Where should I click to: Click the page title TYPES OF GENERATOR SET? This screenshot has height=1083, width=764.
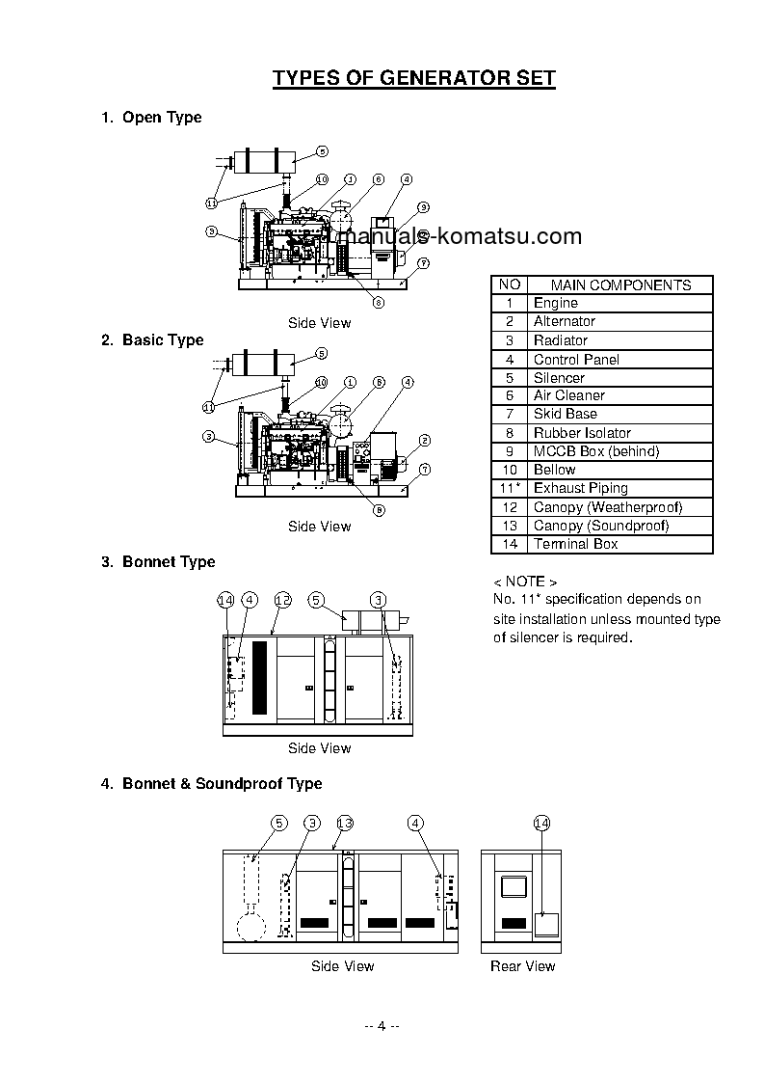coord(414,78)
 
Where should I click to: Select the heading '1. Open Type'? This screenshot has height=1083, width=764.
coord(152,118)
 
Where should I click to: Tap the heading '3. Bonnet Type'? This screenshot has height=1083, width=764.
coord(159,562)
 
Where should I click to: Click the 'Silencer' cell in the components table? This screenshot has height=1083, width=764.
coord(559,377)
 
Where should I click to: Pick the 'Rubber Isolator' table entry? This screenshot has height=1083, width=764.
coord(582,433)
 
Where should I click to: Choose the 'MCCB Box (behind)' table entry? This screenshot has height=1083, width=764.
coord(596,451)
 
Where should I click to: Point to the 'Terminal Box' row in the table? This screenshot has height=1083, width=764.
coord(575,544)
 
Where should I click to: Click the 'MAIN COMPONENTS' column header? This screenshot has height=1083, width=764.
coord(620,284)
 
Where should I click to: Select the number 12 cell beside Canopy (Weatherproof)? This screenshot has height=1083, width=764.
coord(511,507)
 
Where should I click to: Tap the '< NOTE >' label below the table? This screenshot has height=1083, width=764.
coord(525,582)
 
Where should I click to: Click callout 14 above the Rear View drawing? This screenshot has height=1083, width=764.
coord(541,823)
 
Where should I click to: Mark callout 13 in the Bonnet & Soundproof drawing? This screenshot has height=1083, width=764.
coord(345,823)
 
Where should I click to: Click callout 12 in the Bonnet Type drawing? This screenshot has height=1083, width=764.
coord(282,600)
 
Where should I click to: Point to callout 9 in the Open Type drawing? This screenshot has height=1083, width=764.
coord(424,206)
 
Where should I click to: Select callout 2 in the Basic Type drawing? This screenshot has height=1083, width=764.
coord(424,440)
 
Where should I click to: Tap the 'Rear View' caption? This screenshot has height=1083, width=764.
coord(523,965)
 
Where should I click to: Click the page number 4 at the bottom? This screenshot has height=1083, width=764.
coord(382,1025)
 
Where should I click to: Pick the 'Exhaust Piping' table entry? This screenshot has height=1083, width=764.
coord(580,488)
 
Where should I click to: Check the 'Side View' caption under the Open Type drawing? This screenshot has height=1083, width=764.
coord(320,323)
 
